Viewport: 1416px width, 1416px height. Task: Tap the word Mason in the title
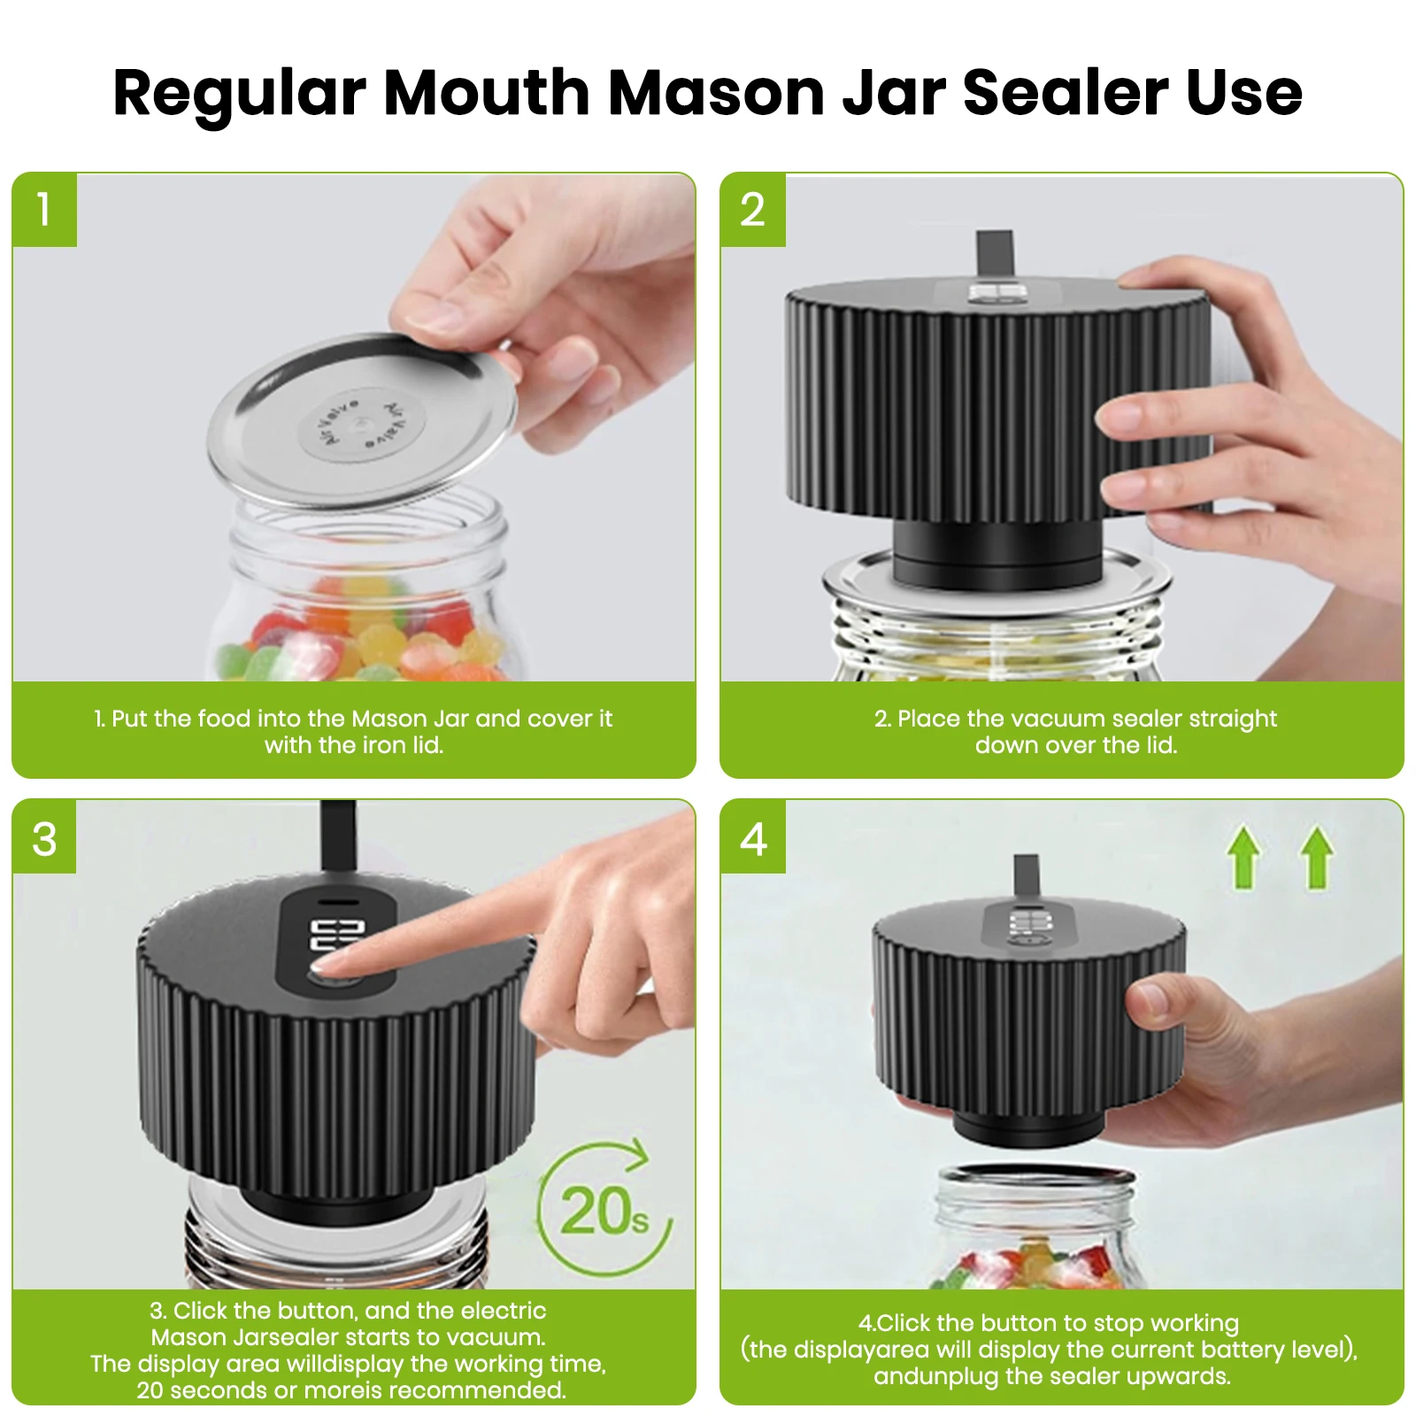point(716,92)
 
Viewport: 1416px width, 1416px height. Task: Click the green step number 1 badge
point(44,210)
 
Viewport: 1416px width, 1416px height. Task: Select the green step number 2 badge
point(752,210)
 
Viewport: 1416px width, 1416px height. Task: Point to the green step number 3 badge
point(44,837)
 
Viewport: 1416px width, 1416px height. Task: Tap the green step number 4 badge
point(752,837)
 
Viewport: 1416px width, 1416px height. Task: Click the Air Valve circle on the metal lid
point(362,421)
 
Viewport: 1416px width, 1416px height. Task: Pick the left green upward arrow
point(1243,856)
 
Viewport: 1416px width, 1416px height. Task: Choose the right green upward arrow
point(1316,856)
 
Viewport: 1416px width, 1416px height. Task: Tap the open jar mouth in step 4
point(1035,1178)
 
